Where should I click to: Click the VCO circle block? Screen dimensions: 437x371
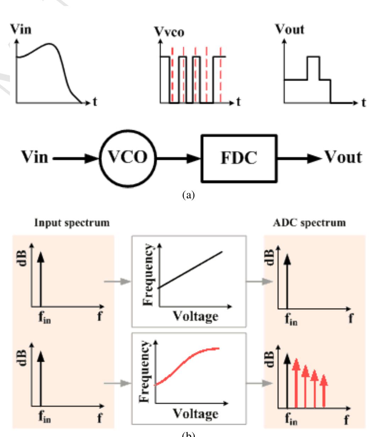127,157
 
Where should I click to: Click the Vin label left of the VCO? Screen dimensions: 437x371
34,157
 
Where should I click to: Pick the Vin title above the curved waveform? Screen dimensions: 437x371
21,29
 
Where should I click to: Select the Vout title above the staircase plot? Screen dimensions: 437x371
290,29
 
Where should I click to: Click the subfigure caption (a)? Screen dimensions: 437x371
188,194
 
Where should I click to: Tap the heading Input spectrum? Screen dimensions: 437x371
72,223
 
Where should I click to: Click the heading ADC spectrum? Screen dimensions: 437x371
310,223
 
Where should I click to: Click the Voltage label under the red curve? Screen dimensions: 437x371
195,413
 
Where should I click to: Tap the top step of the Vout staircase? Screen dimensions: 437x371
314,57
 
